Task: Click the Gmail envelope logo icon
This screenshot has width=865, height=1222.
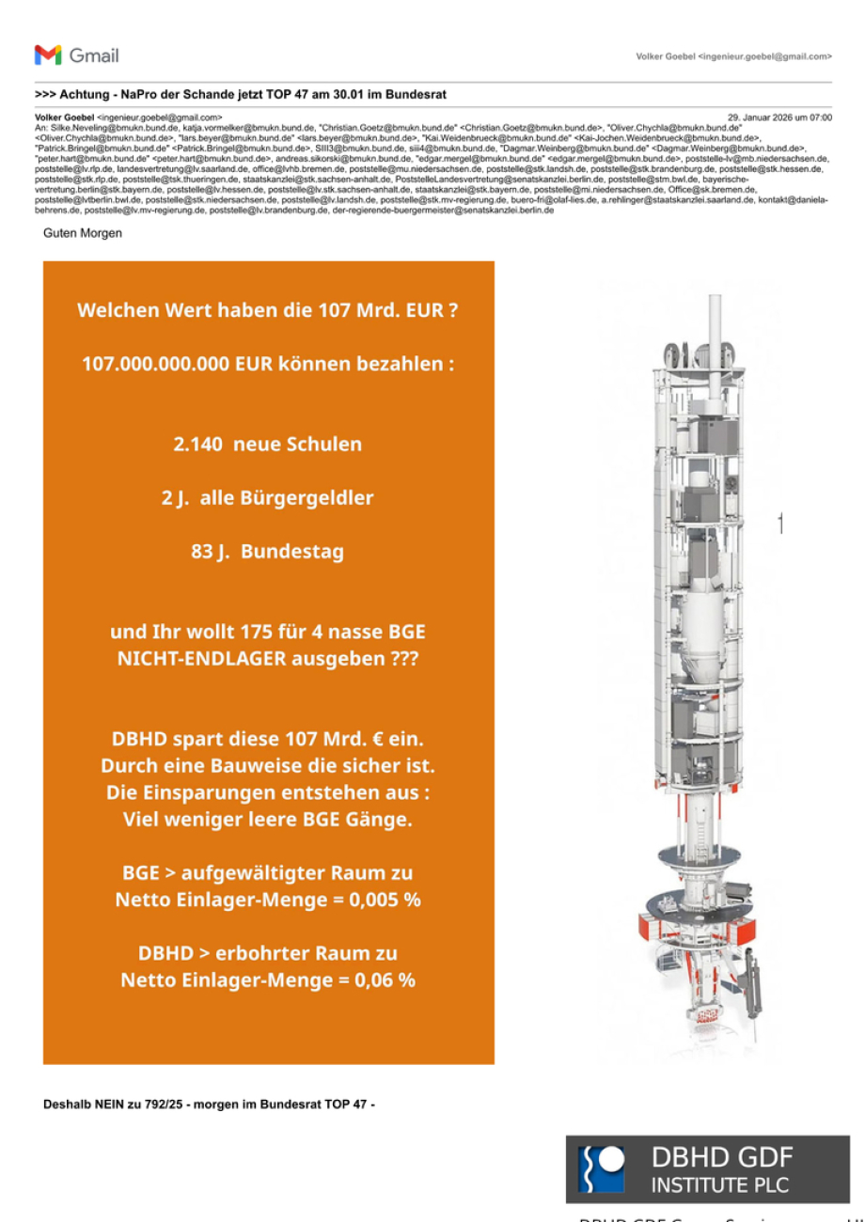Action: coord(48,55)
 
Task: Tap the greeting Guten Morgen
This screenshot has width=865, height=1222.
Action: coord(83,232)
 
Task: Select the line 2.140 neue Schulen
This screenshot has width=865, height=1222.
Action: coord(268,445)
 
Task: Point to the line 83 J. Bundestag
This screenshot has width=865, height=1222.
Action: coord(268,552)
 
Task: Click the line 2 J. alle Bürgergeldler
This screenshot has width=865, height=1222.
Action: coord(268,498)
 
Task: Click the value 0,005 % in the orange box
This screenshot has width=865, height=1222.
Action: coord(385,900)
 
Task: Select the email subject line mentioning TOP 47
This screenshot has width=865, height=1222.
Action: coord(241,95)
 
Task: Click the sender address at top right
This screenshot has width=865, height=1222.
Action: coord(733,57)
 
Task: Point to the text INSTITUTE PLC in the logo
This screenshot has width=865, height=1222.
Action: coord(720,1184)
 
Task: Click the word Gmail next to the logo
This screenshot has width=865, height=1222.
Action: coord(94,55)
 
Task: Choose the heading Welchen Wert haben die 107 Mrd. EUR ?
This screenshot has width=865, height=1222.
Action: coord(268,310)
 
